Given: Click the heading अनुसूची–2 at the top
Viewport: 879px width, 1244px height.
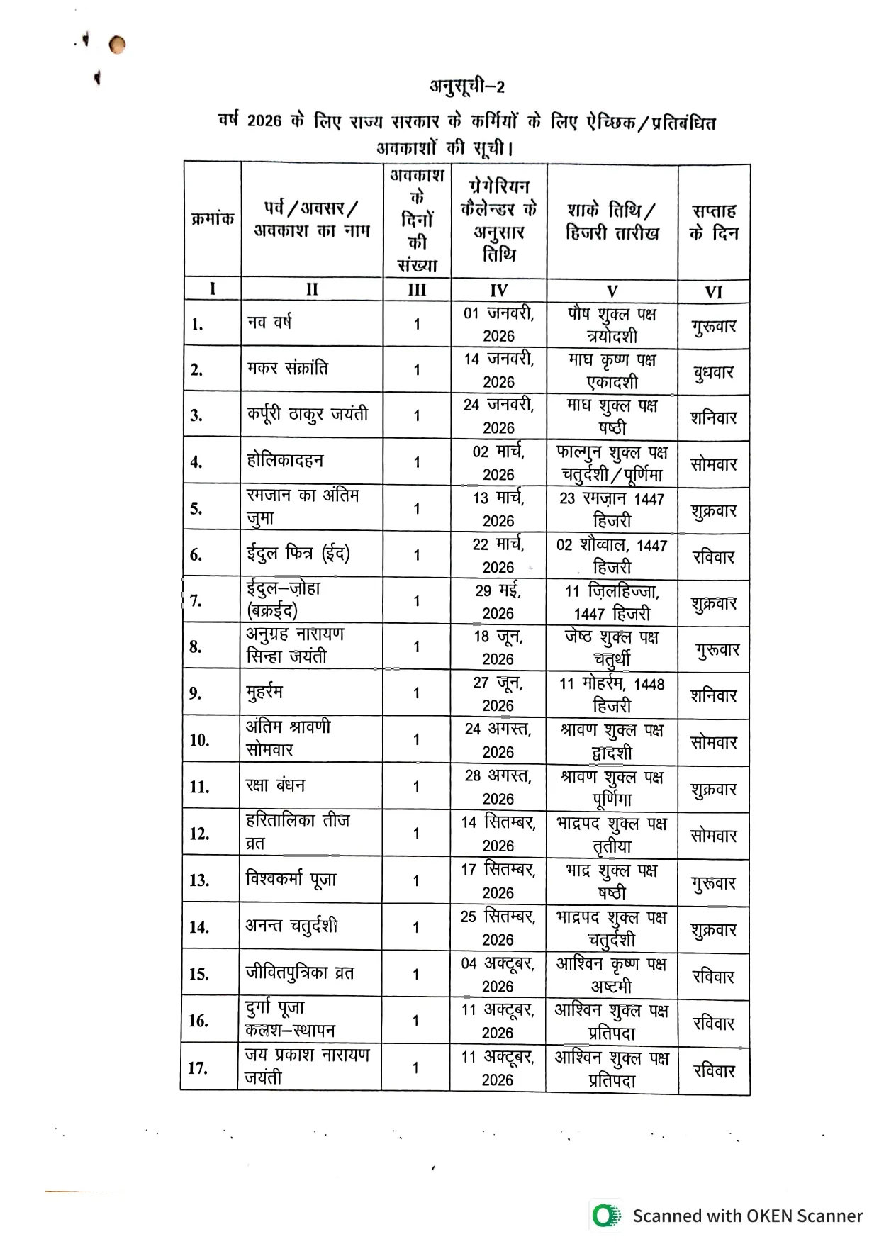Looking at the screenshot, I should point(467,86).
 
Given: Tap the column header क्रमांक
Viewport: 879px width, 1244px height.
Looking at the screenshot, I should point(212,219).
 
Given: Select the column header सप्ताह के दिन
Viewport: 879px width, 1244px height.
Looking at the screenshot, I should point(713,221).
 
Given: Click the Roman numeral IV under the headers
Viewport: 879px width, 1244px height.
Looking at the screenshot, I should point(498,290).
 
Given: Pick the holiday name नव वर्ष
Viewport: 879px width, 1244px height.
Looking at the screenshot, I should point(269,323).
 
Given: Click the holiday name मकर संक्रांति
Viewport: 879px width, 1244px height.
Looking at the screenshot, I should point(287,369).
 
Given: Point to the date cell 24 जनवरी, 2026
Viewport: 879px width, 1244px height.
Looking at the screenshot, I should point(498,415).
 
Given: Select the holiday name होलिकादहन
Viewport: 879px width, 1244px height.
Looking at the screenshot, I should point(285,461).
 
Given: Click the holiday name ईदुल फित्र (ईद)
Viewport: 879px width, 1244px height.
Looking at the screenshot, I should point(298,554).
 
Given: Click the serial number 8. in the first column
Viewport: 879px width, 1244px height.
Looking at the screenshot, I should point(196,646).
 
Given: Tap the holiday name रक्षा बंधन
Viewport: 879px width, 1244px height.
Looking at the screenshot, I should point(275,785).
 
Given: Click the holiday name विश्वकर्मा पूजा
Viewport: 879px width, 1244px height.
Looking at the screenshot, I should point(291,880).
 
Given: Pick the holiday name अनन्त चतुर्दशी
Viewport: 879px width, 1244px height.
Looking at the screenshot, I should point(291,926).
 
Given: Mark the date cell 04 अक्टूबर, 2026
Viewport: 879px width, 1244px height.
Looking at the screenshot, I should point(498,974).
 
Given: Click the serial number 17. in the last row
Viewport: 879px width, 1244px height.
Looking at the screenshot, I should point(197,1068).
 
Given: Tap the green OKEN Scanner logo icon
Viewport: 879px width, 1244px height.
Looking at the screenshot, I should point(605,1216).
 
